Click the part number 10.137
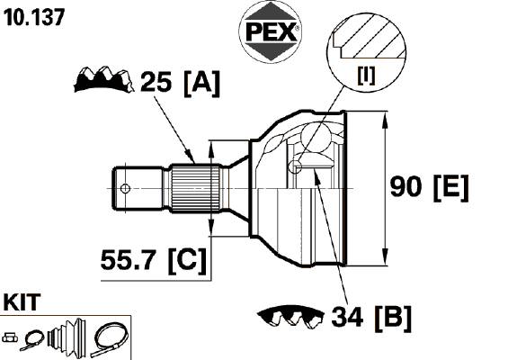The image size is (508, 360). pyautogui.click(x=34, y=17)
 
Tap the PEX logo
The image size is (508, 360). pyautogui.click(x=271, y=31)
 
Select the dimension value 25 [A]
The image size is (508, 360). pyautogui.click(x=180, y=83)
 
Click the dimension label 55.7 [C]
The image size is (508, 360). pyautogui.click(x=154, y=260)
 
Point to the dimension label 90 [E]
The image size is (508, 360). pyautogui.click(x=429, y=187)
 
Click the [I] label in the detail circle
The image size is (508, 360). pyautogui.click(x=366, y=76)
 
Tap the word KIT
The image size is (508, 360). pyautogui.click(x=22, y=302)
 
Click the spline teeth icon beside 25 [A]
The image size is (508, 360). pyautogui.click(x=103, y=79)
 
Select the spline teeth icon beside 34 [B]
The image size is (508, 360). pyautogui.click(x=290, y=316)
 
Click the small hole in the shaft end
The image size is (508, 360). pyautogui.click(x=125, y=188)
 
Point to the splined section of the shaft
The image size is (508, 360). pyautogui.click(x=196, y=188)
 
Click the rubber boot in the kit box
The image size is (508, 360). pyautogui.click(x=67, y=336)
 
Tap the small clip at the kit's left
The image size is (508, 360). pyautogui.click(x=10, y=337)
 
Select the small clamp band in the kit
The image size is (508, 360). pyautogui.click(x=31, y=340)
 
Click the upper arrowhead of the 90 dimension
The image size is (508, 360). pyautogui.click(x=385, y=121)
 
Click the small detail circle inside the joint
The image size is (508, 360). pyautogui.click(x=295, y=166)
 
